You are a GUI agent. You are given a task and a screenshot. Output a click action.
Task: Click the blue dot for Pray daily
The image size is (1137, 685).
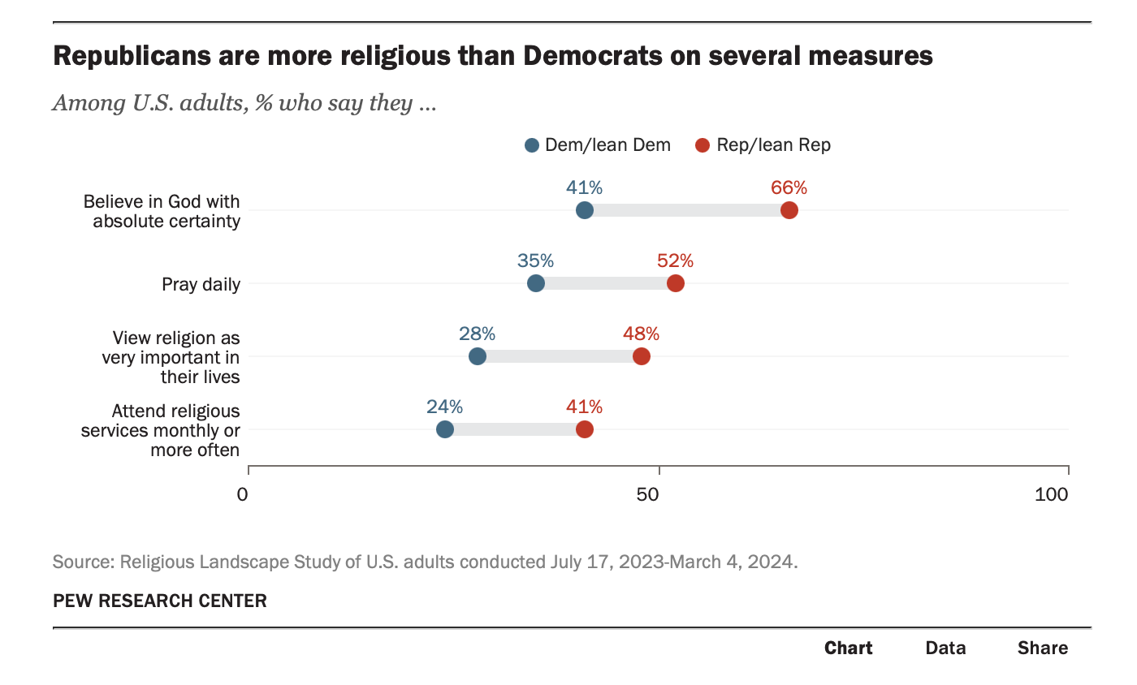tap(536, 283)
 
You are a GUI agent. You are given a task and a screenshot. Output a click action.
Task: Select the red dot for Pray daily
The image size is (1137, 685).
tap(676, 283)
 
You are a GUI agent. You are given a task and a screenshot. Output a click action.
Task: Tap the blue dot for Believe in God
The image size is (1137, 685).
tap(585, 210)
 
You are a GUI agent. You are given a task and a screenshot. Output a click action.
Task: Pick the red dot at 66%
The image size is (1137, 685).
tap(789, 210)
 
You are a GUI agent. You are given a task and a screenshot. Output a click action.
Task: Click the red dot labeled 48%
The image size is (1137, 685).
tap(642, 356)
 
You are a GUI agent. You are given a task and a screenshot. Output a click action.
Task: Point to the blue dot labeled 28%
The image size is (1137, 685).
tap(478, 356)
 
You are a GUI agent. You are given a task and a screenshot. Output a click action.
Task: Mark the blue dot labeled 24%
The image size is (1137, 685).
tap(445, 429)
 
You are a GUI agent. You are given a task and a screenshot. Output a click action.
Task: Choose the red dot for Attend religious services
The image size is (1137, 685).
tap(585, 429)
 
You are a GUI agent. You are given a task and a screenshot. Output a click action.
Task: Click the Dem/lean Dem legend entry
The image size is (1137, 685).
tap(598, 145)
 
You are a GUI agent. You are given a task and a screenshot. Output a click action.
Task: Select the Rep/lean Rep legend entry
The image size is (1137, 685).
tap(763, 145)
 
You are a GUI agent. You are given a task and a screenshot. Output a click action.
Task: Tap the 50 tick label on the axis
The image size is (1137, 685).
tap(648, 493)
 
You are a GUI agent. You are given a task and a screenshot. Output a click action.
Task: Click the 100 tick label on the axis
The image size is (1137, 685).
tap(1052, 493)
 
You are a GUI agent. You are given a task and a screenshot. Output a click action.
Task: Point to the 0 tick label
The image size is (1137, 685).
tap(243, 493)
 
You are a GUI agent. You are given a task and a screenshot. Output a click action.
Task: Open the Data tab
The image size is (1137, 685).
tap(946, 648)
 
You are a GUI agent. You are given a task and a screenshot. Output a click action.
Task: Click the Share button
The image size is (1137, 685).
tap(1043, 648)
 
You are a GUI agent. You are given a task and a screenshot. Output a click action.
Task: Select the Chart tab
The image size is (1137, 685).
tap(849, 648)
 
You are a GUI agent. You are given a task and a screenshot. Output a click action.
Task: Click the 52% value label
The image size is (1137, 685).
tap(676, 261)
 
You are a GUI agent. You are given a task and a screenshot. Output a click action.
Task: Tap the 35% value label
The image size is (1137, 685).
tap(536, 261)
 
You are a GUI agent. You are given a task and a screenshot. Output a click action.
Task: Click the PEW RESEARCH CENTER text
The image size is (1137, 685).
tap(160, 601)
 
